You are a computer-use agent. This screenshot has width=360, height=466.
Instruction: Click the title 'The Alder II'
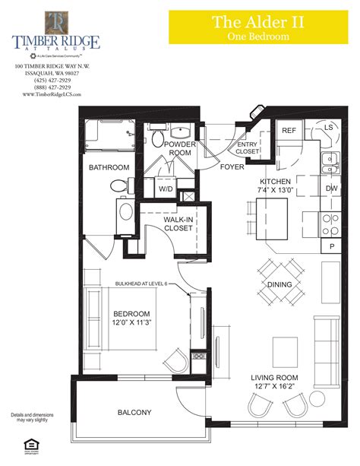[x=258, y=22]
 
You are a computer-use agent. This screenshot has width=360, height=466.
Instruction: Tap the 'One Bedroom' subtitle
[x=258, y=36]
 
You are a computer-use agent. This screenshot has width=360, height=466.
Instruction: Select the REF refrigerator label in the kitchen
[x=289, y=131]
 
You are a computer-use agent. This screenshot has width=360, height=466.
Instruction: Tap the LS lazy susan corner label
[x=329, y=128]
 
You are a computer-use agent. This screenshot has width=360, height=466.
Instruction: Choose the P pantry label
[x=332, y=246]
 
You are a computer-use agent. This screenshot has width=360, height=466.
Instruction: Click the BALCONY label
[x=134, y=413]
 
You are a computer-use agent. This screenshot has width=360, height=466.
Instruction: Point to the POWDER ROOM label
[x=181, y=149]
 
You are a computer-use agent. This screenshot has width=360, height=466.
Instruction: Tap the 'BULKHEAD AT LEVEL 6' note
[x=151, y=284]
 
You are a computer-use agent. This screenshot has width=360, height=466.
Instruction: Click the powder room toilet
[x=157, y=138]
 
